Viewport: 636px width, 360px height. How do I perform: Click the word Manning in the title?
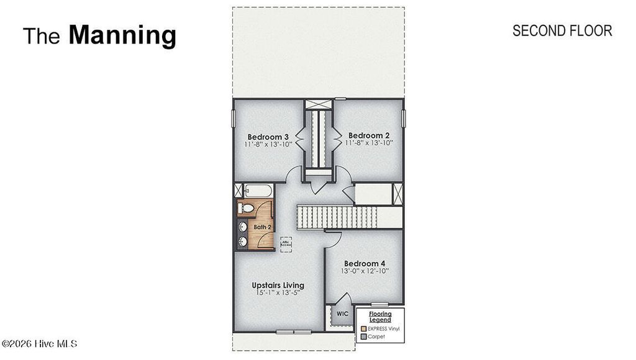tap(122, 35)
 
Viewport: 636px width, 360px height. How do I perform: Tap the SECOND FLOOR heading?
tap(562, 30)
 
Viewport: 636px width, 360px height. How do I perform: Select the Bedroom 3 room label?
tap(268, 137)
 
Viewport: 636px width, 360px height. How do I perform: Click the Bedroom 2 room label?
tap(369, 135)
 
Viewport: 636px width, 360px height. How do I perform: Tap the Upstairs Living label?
tap(278, 286)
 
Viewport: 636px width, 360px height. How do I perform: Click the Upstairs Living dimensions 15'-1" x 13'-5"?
tap(278, 293)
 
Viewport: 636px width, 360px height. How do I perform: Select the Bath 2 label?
tap(262, 227)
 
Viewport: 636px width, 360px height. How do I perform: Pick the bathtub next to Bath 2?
tap(255, 191)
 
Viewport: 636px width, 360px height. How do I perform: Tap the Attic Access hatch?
tap(286, 242)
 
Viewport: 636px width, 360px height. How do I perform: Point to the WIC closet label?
tap(342, 314)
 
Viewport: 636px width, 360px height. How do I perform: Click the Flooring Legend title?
tap(380, 317)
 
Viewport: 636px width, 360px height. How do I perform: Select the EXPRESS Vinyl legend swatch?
tap(363, 327)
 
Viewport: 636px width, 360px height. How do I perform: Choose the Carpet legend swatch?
tap(363, 336)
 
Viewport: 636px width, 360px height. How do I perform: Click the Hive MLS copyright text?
tap(39, 343)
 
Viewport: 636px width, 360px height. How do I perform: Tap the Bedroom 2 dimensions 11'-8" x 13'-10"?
tap(369, 143)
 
